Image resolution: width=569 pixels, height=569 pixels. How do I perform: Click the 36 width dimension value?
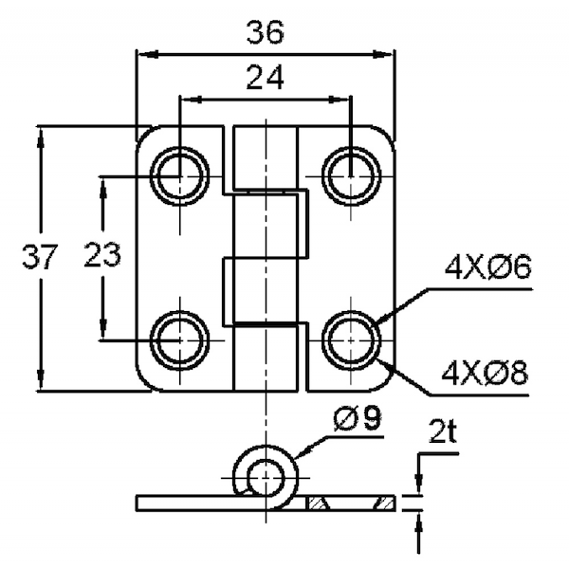(x=265, y=32)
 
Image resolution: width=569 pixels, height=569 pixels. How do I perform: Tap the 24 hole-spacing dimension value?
(x=265, y=78)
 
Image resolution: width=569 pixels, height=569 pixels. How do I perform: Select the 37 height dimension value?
(x=40, y=257)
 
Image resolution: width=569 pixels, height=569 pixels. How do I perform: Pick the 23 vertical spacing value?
(x=102, y=255)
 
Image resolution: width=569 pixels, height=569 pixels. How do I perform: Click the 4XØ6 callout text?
(x=488, y=267)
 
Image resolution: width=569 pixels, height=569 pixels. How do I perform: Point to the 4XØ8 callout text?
(x=485, y=373)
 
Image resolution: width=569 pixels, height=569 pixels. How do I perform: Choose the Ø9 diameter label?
(x=358, y=418)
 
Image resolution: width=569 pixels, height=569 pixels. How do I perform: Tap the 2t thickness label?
(x=442, y=431)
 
